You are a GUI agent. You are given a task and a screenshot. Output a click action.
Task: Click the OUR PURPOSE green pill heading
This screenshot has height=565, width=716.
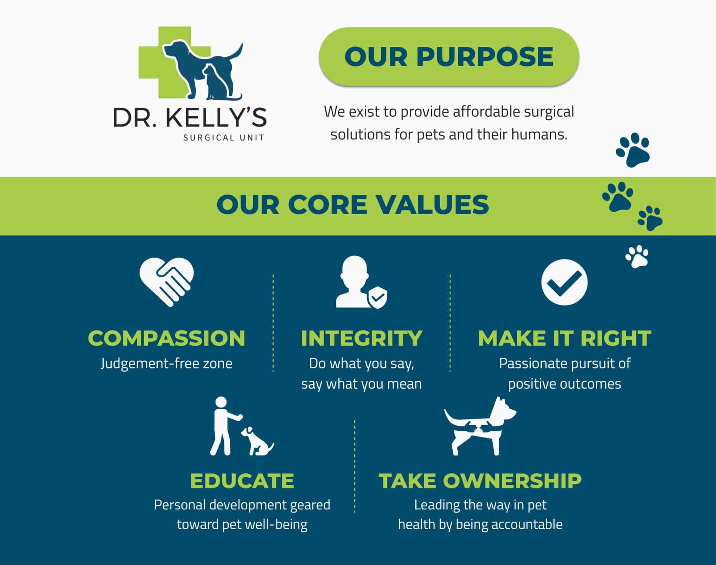pyautogui.click(x=449, y=56)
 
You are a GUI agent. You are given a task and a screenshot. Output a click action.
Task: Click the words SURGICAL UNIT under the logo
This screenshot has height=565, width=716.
pyautogui.click(x=224, y=138)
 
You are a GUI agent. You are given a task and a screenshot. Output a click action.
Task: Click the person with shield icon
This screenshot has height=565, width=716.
pyautogui.click(x=361, y=282)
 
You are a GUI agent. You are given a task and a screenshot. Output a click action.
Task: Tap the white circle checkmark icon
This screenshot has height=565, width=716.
pyautogui.click(x=564, y=282)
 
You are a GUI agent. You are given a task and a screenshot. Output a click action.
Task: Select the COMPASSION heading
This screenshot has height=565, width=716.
pyautogui.click(x=166, y=338)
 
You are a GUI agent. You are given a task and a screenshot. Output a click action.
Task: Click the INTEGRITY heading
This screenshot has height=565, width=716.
pyautogui.click(x=361, y=338)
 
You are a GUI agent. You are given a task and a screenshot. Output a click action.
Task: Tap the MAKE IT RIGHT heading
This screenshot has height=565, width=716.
pyautogui.click(x=564, y=338)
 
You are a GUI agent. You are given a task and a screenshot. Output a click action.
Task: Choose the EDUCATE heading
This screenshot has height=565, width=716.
pyautogui.click(x=242, y=481)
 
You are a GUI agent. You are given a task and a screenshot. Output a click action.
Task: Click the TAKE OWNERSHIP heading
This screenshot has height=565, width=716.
pyautogui.click(x=480, y=481)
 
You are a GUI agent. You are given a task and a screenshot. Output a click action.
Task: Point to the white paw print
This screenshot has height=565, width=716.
pyautogui.click(x=637, y=256)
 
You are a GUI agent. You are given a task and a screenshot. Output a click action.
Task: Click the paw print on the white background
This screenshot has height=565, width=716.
pyautogui.click(x=633, y=150)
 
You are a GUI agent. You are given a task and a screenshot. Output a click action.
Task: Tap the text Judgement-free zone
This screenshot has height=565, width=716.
pyautogui.click(x=166, y=364)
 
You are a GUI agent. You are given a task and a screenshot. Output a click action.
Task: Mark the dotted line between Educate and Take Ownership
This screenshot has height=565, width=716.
pyautogui.click(x=354, y=466)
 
